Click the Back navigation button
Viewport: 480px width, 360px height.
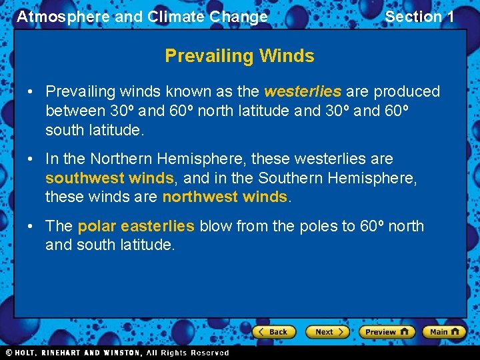[x=273, y=331]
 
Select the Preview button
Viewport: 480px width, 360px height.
[x=387, y=331]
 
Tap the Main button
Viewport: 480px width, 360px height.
[x=444, y=331]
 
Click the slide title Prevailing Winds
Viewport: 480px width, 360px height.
[x=239, y=55]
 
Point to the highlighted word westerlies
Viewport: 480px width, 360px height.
[x=303, y=91]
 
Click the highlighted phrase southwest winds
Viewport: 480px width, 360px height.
[x=109, y=178]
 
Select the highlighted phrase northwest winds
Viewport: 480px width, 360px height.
[x=225, y=197]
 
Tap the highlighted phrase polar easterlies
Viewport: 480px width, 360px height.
[x=136, y=226]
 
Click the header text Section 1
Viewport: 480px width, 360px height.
[x=419, y=17]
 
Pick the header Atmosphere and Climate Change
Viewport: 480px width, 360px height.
[x=142, y=17]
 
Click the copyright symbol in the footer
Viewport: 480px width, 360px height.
[x=9, y=353]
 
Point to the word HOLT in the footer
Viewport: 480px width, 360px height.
[x=26, y=353]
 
